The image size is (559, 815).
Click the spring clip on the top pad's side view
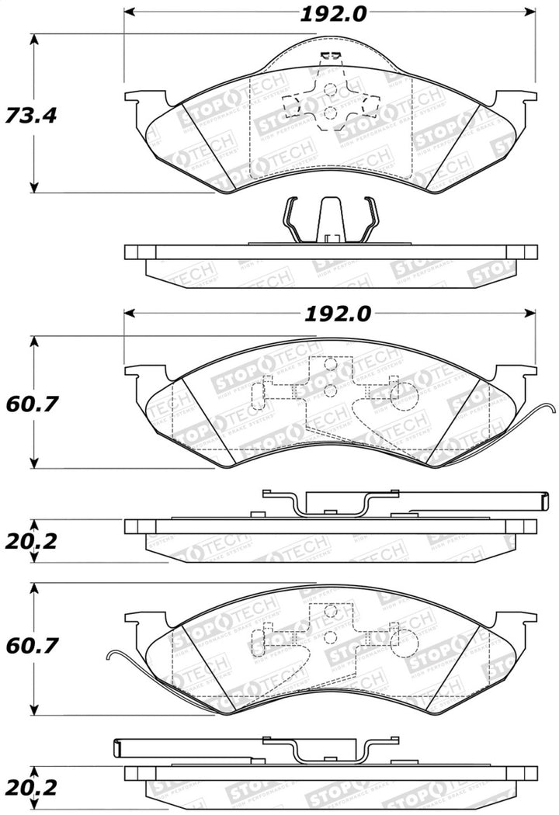(329, 220)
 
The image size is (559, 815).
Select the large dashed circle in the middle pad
(403, 397)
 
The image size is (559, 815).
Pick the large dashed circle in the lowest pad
(403, 638)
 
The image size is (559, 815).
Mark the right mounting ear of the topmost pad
(516, 102)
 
